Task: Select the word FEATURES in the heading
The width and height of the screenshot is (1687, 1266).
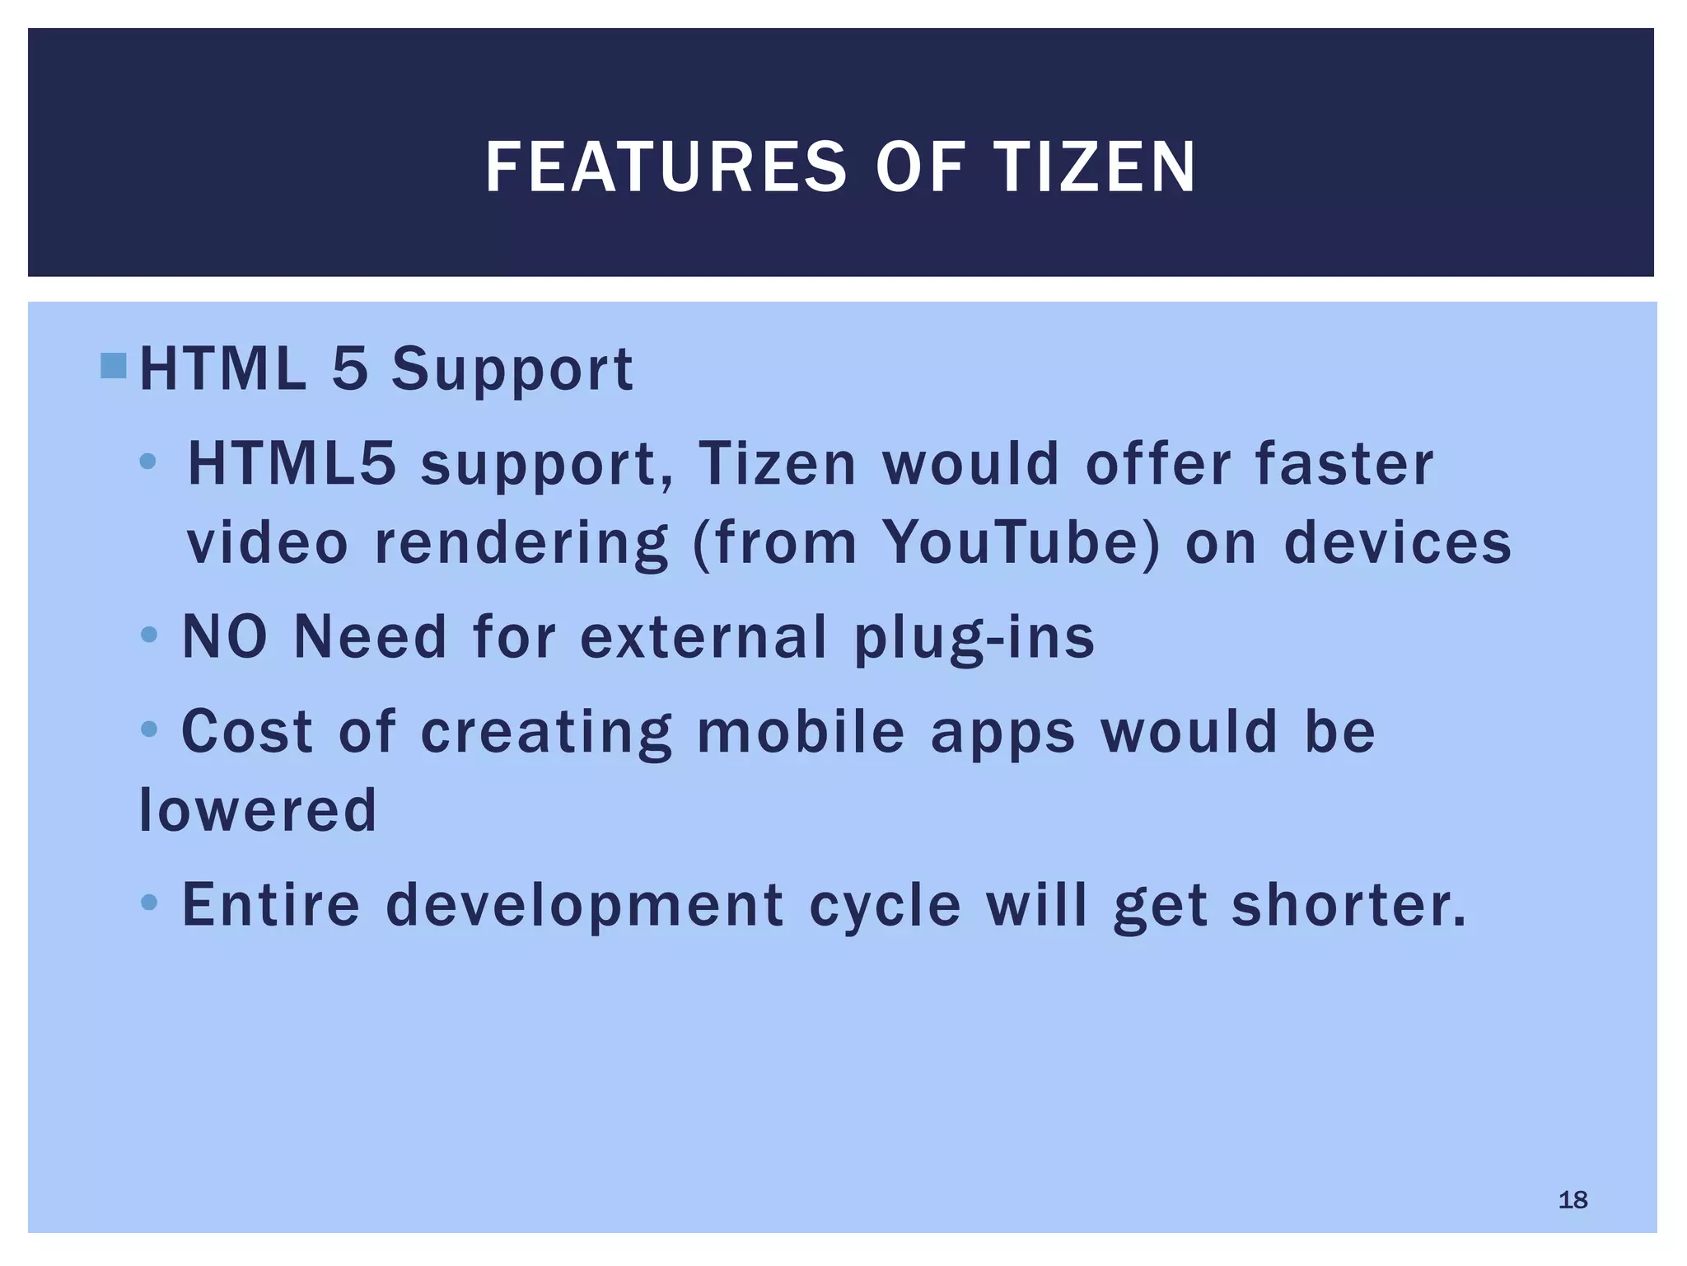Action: click(x=666, y=167)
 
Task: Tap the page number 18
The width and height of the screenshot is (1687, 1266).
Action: click(x=1573, y=1199)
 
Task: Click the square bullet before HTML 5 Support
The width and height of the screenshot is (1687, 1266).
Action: click(x=114, y=366)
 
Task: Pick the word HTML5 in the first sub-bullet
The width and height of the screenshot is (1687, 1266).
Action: click(x=292, y=463)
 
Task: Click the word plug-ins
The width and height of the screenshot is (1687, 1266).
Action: click(x=974, y=637)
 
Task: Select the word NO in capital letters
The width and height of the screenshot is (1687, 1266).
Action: click(x=225, y=637)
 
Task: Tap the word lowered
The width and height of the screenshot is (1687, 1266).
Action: click(x=258, y=809)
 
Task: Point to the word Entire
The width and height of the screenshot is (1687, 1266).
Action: click(x=271, y=904)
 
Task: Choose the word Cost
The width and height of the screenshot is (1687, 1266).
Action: click(x=247, y=731)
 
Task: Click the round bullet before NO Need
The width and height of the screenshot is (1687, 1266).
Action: click(x=149, y=635)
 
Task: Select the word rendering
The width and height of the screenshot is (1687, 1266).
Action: click(x=521, y=544)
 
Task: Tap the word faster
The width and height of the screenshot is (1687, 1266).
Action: click(x=1344, y=463)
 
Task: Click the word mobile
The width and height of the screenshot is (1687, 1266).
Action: click(x=801, y=731)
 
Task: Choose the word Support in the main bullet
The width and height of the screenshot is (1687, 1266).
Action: click(x=512, y=369)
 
